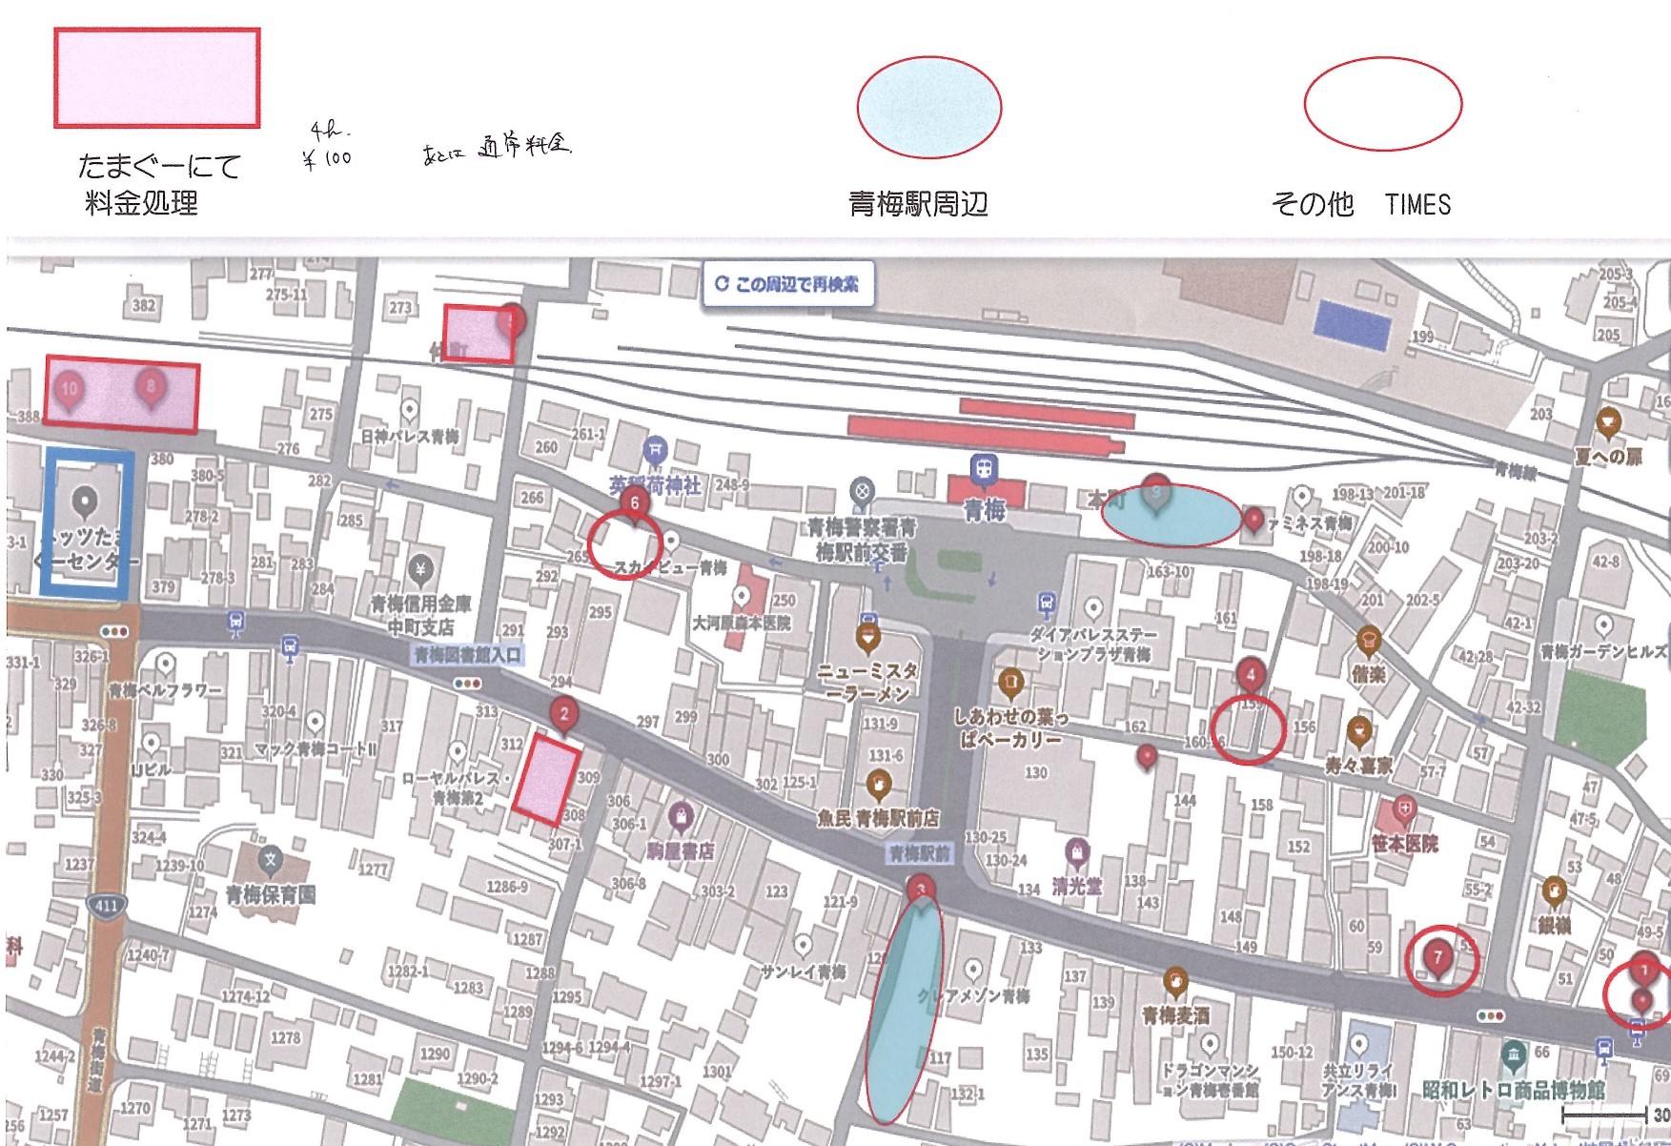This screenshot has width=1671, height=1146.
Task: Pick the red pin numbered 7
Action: pos(1438,957)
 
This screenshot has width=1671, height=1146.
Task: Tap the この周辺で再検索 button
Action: pos(788,284)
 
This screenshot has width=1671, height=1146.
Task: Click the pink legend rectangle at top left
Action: pos(157,78)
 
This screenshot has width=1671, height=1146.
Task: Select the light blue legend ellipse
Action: pos(928,106)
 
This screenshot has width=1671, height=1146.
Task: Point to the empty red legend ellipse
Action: pos(1382,103)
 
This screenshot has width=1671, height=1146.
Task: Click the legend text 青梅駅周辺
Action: pos(918,204)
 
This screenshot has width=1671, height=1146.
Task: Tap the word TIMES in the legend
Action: pos(1417,205)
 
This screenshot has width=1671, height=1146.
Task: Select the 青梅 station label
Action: pos(985,511)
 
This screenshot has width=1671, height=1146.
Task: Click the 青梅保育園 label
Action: pos(271,895)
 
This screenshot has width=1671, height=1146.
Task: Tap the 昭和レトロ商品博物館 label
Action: pos(1513,1089)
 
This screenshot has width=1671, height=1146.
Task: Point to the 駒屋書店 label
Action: pos(681,850)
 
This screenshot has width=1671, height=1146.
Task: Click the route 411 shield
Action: pos(106,905)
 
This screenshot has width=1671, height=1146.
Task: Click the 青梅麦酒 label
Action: pos(1175,1016)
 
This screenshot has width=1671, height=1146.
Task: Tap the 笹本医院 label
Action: pos(1404,844)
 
